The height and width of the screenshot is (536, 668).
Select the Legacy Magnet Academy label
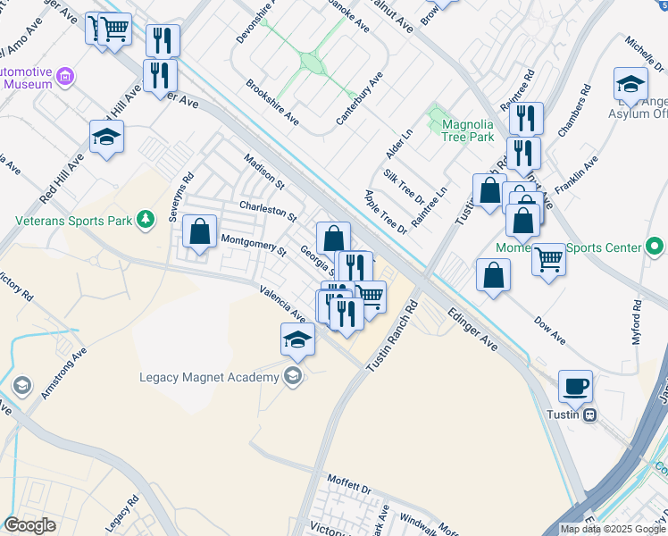[210, 376]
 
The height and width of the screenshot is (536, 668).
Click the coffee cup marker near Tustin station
[576, 387]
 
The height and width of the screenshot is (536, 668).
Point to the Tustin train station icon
[590, 415]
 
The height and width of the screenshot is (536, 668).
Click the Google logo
[29, 525]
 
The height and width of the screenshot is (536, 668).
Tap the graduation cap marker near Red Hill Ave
[106, 137]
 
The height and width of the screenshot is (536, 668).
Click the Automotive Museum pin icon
[64, 77]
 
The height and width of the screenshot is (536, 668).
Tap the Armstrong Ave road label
[63, 373]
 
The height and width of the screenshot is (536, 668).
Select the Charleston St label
[267, 211]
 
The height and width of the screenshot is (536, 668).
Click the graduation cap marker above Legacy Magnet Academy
[297, 339]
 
